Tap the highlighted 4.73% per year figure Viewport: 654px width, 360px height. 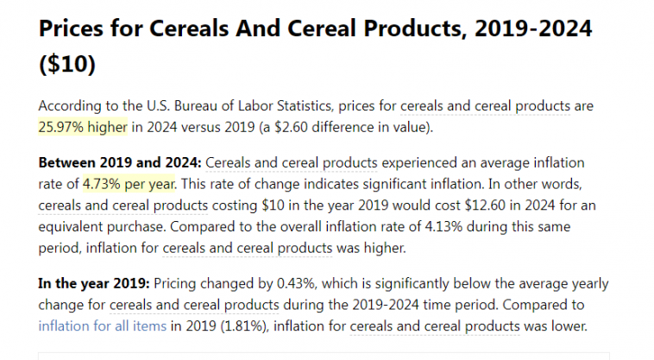click(x=129, y=183)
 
